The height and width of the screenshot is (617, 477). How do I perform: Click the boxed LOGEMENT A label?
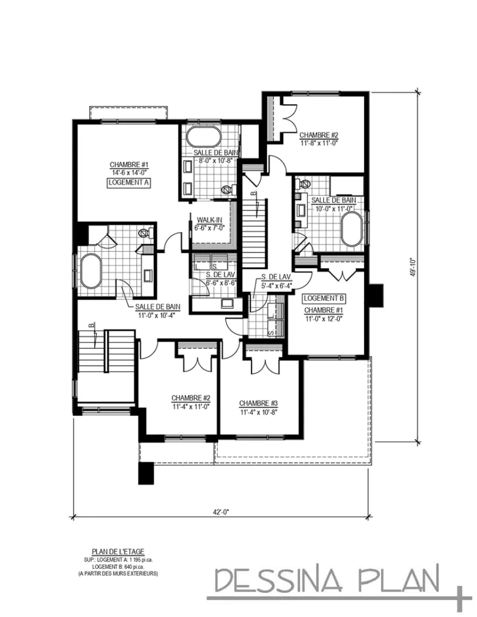129,182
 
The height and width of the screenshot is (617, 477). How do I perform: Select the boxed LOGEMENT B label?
324,299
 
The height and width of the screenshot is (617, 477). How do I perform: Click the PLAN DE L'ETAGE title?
118,551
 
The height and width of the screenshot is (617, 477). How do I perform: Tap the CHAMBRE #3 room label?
258,404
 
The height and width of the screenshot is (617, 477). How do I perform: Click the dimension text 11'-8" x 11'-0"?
320,143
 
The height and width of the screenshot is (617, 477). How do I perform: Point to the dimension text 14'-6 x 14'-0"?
129,172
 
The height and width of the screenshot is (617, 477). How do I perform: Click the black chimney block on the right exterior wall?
376,295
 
